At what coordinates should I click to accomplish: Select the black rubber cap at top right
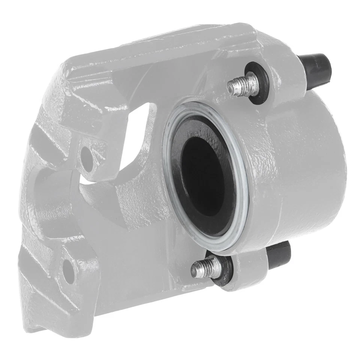(x=316, y=67)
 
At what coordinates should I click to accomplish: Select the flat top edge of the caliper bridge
(x=157, y=45)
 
